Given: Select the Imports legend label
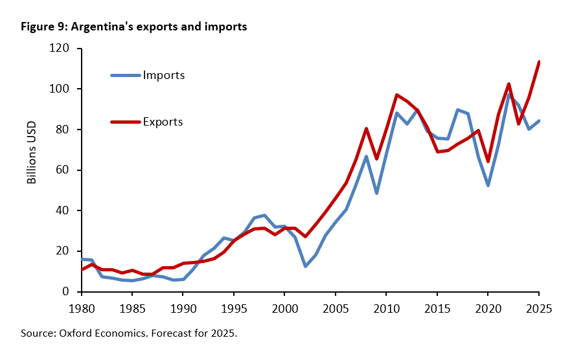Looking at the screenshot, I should pos(164,75).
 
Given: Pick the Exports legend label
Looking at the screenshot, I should pos(163,121).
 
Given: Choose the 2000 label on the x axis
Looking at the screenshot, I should pos(285,308).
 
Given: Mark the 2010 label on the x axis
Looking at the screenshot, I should pos(387,308).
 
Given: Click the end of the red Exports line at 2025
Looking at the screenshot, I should pos(540,62).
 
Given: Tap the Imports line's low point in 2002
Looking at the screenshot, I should pos(305,266).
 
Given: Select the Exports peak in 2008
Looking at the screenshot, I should pos(366,128).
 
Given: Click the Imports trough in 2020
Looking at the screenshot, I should pos(488,185).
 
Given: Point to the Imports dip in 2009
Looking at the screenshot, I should pos(376,193).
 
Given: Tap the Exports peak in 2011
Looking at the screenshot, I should pos(396,95).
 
